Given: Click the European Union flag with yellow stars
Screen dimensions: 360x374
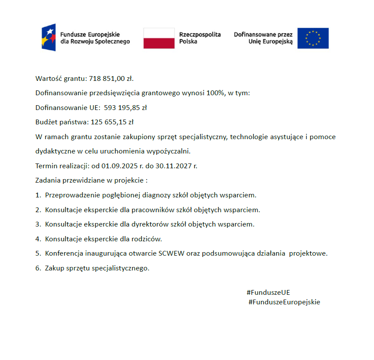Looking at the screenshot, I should click(313, 38).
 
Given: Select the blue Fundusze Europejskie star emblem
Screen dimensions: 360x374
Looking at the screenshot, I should click(49, 38).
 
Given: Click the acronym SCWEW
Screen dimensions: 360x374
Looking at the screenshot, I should click(171, 253).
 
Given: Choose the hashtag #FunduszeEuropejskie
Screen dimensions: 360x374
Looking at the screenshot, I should click(284, 302).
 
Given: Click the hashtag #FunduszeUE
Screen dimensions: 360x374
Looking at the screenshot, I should click(268, 293).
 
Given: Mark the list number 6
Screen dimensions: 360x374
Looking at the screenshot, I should click(38, 268).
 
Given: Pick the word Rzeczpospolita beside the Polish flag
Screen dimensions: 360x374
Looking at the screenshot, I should click(200, 34).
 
